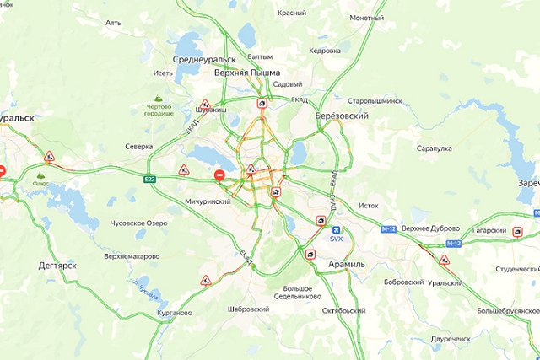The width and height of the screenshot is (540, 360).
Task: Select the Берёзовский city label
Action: click(x=341, y=116)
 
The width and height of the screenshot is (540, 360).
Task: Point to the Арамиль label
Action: click(x=345, y=265)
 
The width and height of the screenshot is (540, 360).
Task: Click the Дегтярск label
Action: click(x=57, y=265)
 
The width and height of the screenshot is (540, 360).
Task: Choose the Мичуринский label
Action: click(x=208, y=201)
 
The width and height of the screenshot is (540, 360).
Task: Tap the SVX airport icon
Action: click(x=338, y=230)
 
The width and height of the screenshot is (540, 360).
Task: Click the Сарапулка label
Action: click(x=435, y=148)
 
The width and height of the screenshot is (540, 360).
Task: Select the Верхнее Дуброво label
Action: click(x=430, y=228)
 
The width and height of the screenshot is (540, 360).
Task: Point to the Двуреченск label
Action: click(x=450, y=339)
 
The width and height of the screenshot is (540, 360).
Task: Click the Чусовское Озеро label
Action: click(x=139, y=223)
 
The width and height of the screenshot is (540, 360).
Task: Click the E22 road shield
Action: click(x=149, y=179)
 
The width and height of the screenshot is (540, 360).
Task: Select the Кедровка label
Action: click(x=325, y=51)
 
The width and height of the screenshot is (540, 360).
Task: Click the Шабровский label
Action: click(x=248, y=309)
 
